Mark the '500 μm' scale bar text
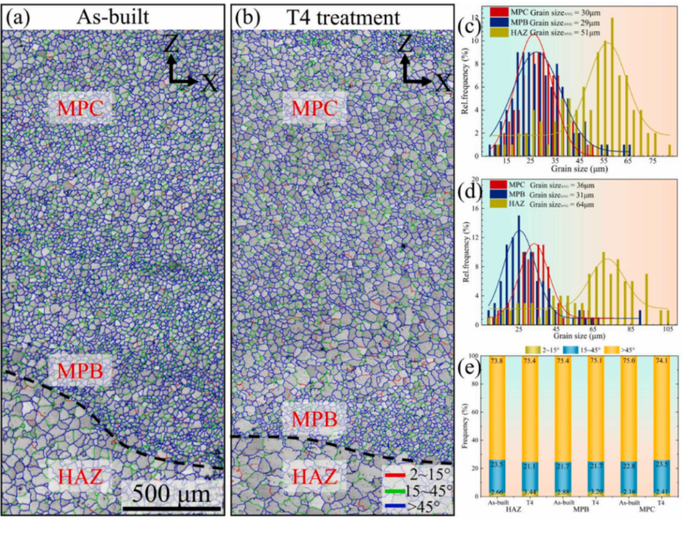tap(172, 493)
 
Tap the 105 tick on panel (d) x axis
tap(667, 330)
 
